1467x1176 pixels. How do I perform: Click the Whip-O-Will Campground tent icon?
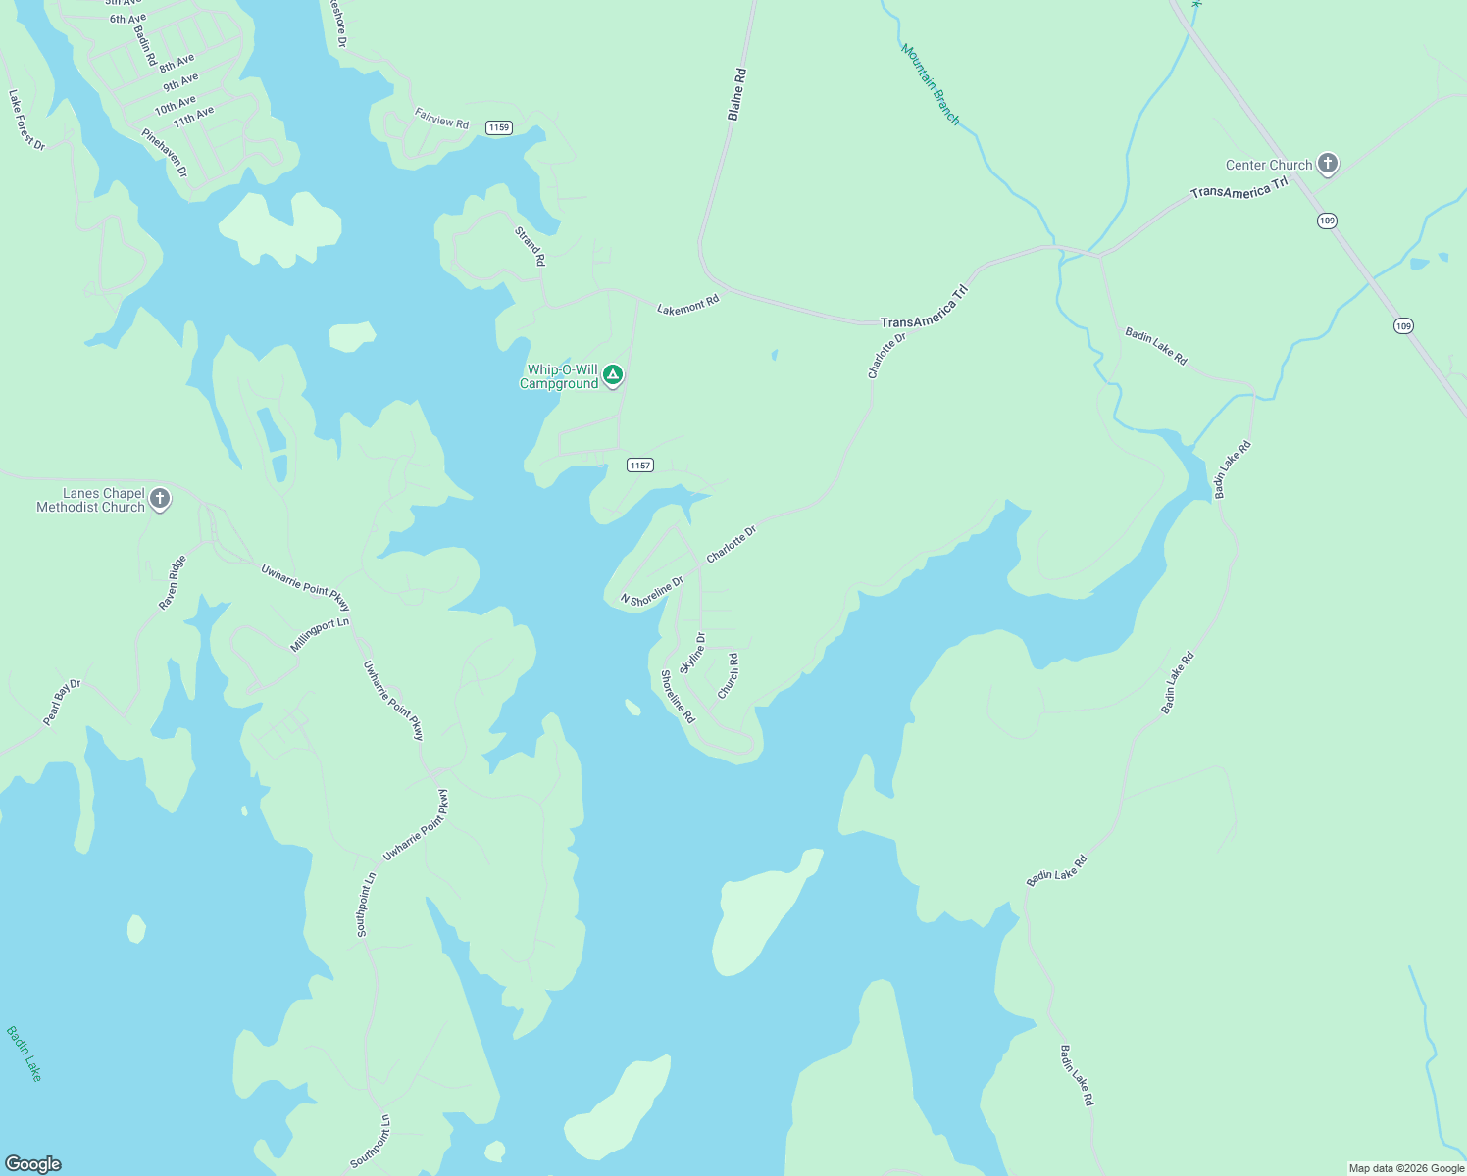[613, 374]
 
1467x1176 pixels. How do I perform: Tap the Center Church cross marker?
[1328, 164]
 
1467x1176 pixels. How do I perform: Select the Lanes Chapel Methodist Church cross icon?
[160, 499]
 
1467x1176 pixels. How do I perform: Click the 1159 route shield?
[499, 127]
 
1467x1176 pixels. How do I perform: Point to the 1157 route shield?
[640, 465]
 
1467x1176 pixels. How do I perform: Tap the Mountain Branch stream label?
[930, 84]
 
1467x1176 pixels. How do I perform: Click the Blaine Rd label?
[736, 94]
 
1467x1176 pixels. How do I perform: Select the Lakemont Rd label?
[687, 306]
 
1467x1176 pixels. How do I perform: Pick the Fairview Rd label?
[441, 120]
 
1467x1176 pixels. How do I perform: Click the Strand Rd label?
[530, 246]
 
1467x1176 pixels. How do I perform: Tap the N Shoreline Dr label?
[651, 592]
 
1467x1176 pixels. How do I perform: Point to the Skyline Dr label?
[692, 653]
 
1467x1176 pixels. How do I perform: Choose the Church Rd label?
[728, 676]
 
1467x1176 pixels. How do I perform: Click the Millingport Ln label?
[320, 635]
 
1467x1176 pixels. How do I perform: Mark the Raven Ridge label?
[173, 583]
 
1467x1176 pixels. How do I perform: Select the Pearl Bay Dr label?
[62, 703]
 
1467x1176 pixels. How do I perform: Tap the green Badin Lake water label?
[25, 1053]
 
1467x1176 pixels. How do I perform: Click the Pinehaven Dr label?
[164, 153]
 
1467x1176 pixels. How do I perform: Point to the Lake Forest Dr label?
[26, 120]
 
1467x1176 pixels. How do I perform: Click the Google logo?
[33, 1164]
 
